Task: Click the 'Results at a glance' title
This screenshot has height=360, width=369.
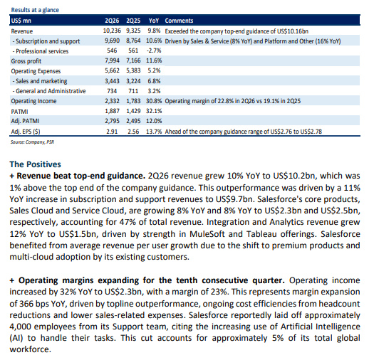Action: [x=35, y=10]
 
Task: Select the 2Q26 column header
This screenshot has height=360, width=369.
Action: [x=112, y=21]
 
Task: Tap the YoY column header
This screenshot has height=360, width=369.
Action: [x=154, y=21]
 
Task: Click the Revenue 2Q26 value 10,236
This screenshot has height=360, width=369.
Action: [x=112, y=31]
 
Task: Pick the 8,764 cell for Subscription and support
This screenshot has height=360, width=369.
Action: [x=133, y=41]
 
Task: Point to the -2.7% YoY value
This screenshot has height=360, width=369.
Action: [x=154, y=51]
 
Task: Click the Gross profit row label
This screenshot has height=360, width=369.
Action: [x=26, y=61]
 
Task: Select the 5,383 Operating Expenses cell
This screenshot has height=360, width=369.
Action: [x=133, y=70]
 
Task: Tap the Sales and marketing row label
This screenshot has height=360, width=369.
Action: [x=40, y=81]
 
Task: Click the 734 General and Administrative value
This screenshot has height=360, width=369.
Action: [x=112, y=91]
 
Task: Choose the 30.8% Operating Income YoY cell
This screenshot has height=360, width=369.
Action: [x=154, y=101]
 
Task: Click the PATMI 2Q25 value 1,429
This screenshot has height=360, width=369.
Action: [x=133, y=111]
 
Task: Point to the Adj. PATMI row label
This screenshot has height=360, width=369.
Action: [x=25, y=121]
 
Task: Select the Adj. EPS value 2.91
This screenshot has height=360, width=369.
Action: [x=112, y=132]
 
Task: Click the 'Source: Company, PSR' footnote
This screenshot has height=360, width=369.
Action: [x=32, y=142]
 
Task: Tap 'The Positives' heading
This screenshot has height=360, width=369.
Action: [x=35, y=164]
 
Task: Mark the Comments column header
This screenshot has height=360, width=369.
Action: [x=179, y=21]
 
